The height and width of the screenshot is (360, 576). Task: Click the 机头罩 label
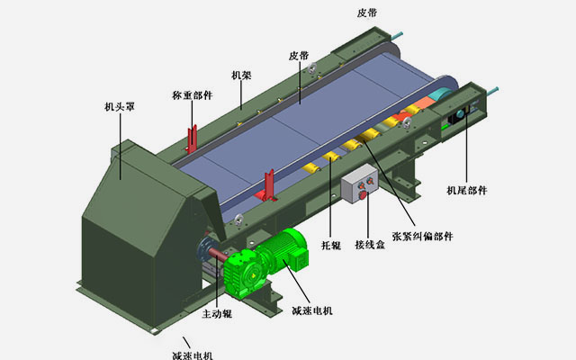120,107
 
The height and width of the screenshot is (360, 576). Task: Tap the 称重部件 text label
192,95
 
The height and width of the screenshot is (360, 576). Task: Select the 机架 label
241,76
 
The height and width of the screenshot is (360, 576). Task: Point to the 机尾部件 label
466,190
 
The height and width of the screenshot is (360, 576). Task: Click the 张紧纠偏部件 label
422,236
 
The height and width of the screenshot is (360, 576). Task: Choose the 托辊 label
331,245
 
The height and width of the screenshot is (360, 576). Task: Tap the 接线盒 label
370,244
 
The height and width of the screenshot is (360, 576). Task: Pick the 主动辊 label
217,314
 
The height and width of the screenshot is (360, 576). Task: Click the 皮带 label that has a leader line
299,56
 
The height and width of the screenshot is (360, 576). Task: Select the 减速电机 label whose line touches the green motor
312,310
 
